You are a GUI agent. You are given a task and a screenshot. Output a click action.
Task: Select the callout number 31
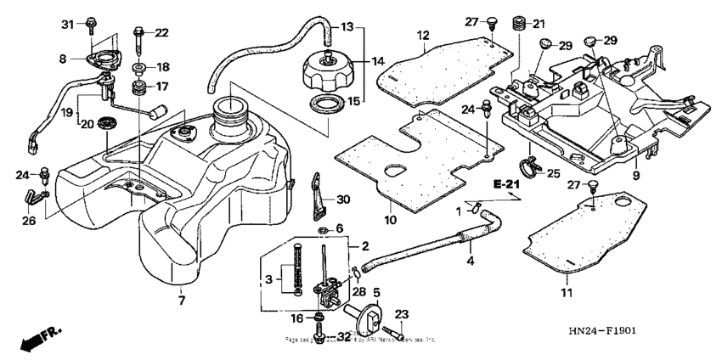[x=68, y=24]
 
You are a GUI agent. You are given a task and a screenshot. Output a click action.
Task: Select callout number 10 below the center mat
[x=391, y=219]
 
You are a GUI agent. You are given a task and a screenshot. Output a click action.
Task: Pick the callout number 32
[x=343, y=337]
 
